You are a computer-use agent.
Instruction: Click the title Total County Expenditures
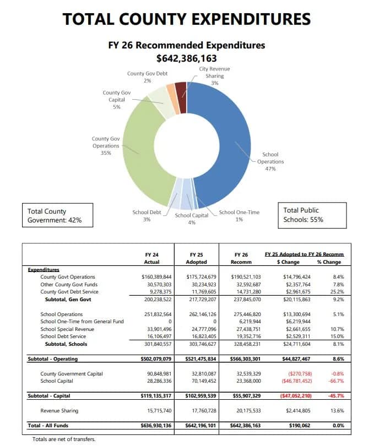tap(187, 19)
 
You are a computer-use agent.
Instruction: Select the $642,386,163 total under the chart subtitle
tap(187, 58)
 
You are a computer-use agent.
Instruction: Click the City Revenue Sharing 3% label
tap(215, 75)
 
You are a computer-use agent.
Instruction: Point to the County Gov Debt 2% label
tap(147, 77)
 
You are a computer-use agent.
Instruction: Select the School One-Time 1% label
tap(238, 215)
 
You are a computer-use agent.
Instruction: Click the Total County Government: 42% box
tap(57, 215)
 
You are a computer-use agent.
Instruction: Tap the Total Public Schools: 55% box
tap(314, 215)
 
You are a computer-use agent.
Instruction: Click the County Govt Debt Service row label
tap(69, 291)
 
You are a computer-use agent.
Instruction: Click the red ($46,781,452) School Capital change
tap(297, 380)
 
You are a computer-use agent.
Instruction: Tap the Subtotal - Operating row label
tap(53, 359)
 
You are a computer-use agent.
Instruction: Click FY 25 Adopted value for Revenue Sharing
tap(200, 411)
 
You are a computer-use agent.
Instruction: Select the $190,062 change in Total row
tap(301, 426)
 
